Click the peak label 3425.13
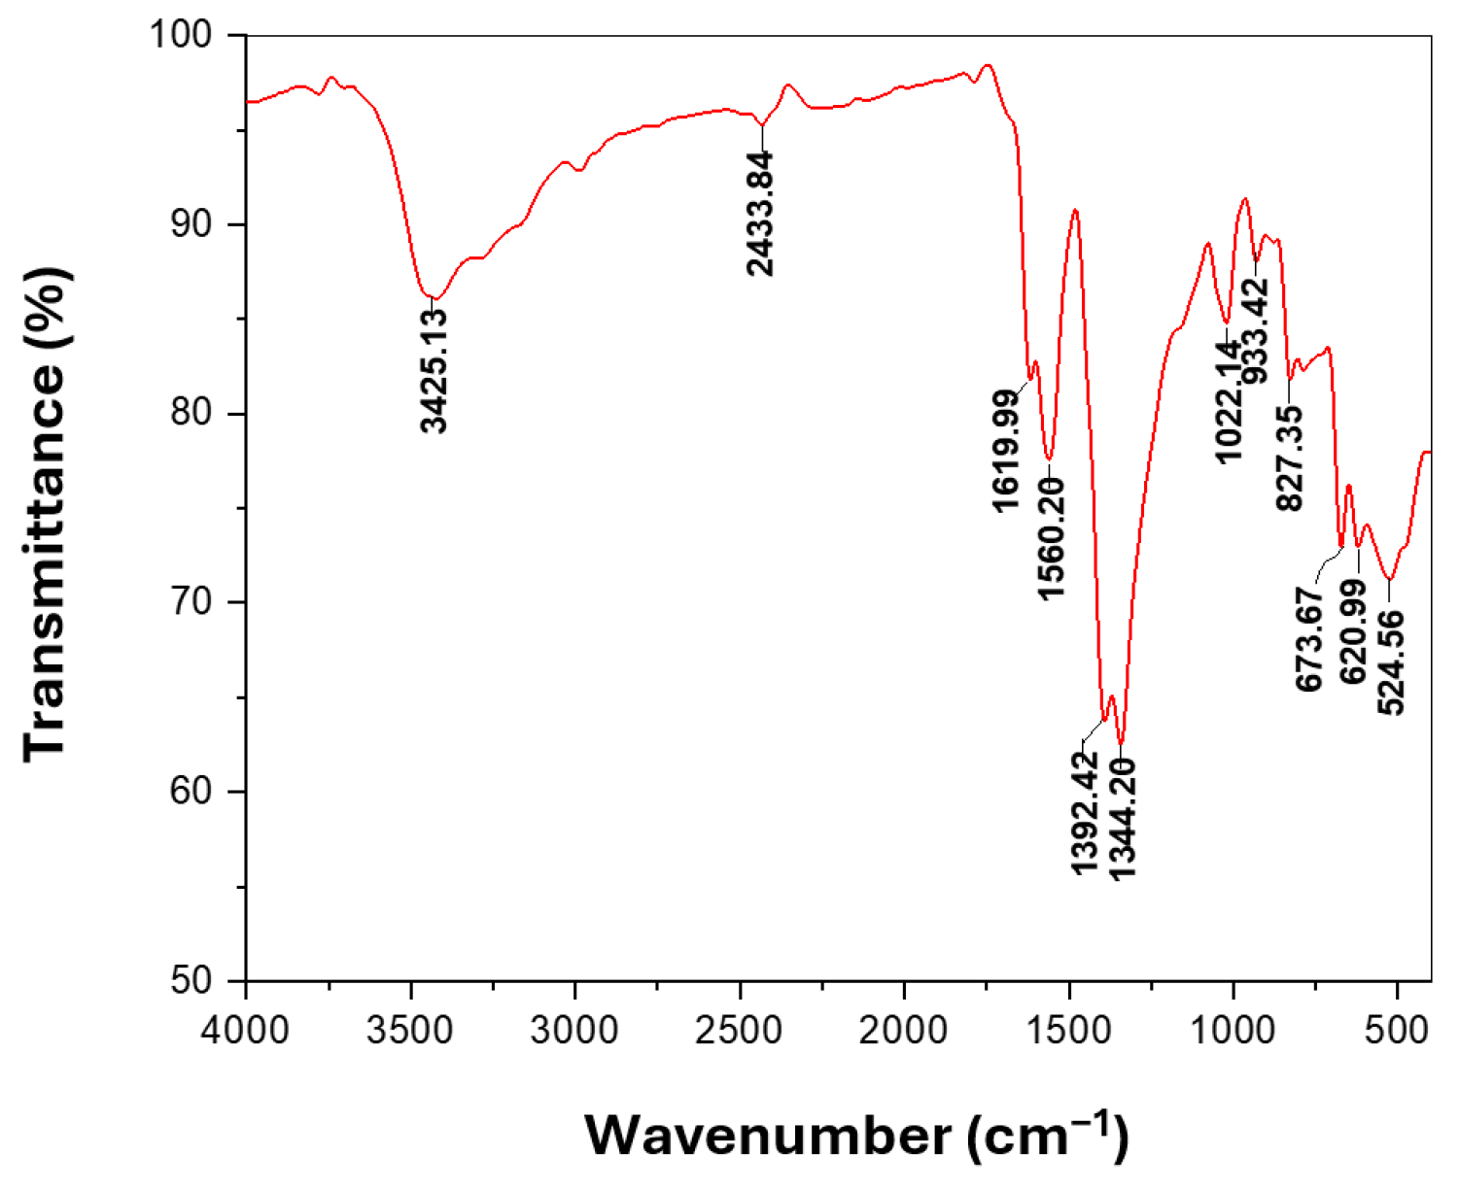[435, 370]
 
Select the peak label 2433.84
[762, 214]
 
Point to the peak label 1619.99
[1006, 448]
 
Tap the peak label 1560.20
[1051, 537]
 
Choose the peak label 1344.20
[1122, 818]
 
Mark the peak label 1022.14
[1230, 402]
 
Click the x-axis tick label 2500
[740, 1028]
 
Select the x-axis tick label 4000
[247, 1028]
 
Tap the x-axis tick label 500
[1397, 1028]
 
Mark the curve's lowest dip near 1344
[1121, 743]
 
